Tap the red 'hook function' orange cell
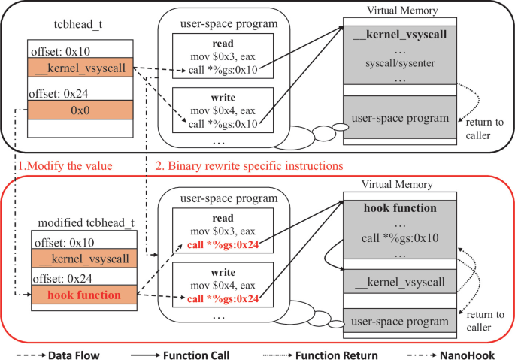click(x=83, y=295)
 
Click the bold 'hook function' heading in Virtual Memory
click(x=400, y=207)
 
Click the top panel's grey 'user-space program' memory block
click(x=400, y=119)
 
